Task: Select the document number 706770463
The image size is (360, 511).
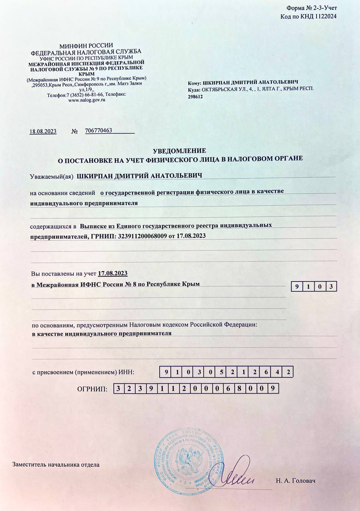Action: point(98,131)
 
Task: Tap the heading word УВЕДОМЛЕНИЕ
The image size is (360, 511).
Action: point(180,151)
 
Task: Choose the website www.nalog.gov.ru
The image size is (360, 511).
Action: point(87,100)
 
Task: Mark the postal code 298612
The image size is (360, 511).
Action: point(196,96)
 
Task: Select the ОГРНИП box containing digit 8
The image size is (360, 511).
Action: point(249,388)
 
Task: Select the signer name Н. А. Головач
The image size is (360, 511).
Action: point(295,481)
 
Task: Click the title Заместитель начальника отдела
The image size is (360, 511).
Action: point(56,464)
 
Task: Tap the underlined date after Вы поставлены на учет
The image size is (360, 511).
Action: point(113,273)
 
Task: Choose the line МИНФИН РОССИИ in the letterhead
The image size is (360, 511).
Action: point(86,46)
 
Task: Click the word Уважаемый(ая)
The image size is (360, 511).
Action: point(52,176)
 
